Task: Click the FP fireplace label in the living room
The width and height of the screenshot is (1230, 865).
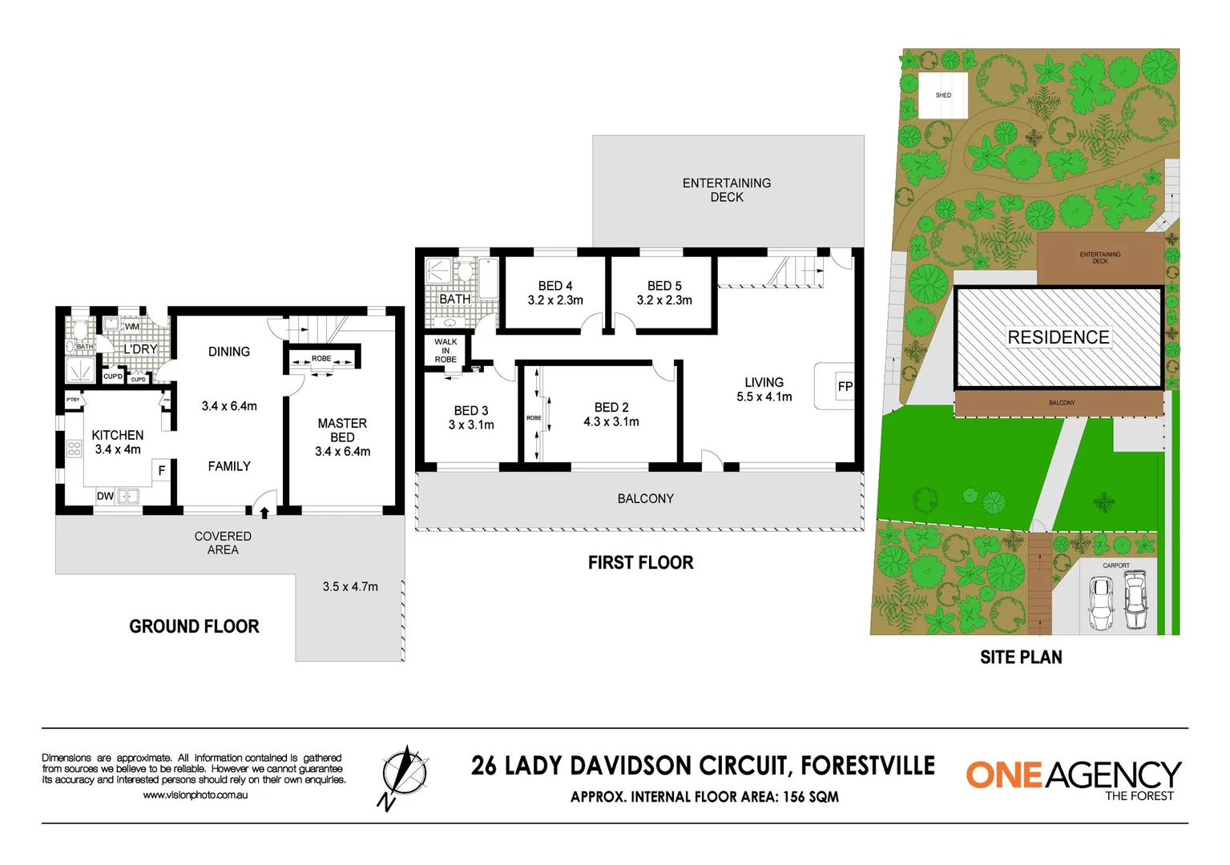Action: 845,386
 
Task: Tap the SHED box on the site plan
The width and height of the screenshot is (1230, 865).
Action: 943,95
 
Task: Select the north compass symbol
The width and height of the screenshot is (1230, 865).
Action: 404,775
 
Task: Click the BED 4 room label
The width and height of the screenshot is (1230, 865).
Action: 555,286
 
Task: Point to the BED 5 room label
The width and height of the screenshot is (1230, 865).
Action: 664,286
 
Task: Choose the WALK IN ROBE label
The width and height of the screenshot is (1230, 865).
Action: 446,351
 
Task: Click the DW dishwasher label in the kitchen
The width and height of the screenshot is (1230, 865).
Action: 105,496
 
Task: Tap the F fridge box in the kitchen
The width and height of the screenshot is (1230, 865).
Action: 161,471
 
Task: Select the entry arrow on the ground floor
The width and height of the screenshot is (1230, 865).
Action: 264,512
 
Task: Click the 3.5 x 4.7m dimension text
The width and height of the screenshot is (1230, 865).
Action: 350,586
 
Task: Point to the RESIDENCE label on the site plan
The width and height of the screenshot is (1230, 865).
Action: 1058,337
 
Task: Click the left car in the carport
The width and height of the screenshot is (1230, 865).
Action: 1101,603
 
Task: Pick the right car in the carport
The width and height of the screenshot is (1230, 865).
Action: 1135,601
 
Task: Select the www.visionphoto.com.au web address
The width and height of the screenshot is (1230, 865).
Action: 196,795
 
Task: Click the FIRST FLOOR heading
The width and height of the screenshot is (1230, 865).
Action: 640,562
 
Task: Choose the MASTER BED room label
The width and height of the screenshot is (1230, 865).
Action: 342,430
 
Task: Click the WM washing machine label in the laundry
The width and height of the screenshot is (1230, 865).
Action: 131,326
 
